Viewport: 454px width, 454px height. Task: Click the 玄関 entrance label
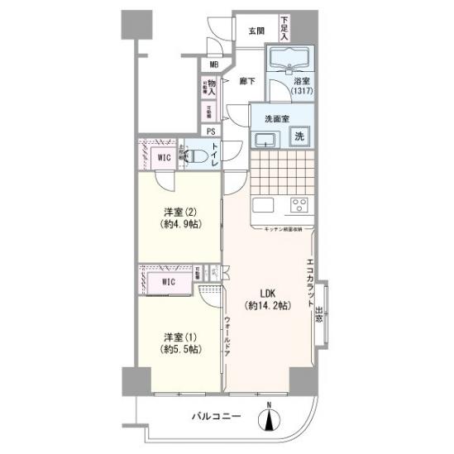(256, 31)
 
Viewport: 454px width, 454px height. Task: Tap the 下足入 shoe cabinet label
(284, 28)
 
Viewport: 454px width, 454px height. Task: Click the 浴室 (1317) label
(300, 87)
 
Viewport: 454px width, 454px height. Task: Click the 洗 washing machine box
(299, 136)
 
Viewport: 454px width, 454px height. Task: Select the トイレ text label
(215, 155)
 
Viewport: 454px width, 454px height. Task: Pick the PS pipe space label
(211, 131)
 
